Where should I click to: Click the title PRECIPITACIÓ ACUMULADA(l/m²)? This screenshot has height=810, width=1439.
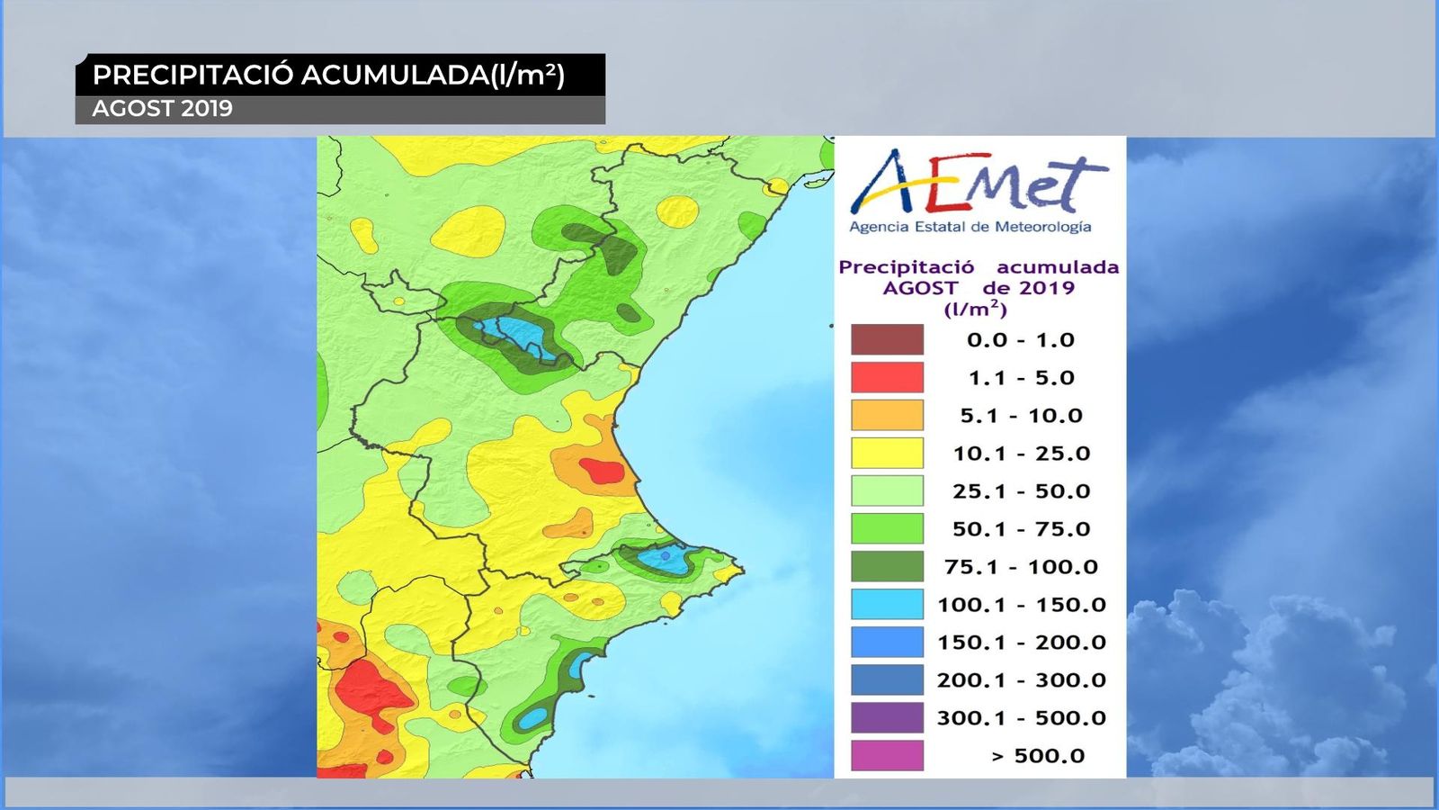(x=328, y=75)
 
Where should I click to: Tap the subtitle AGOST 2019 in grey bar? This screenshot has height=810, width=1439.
(x=162, y=109)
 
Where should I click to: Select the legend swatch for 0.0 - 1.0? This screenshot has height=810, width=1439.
(x=887, y=340)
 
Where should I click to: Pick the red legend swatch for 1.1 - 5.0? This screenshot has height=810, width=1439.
(x=887, y=378)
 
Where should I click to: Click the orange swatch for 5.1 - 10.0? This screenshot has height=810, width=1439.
(x=887, y=416)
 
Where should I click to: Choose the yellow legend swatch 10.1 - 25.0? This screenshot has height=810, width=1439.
(x=887, y=454)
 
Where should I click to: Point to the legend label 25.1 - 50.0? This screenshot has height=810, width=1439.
(x=1021, y=491)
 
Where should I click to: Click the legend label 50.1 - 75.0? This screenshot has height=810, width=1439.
(x=1021, y=529)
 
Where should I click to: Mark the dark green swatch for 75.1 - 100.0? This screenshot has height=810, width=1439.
(x=887, y=567)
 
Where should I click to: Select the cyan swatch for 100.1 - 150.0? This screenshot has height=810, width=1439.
(x=887, y=605)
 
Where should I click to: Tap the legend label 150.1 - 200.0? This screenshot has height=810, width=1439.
(x=1021, y=643)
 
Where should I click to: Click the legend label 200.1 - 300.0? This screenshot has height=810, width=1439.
(x=1021, y=680)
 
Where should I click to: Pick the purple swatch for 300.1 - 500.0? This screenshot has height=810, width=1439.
(x=887, y=718)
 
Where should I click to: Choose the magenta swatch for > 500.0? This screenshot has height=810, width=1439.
(x=887, y=756)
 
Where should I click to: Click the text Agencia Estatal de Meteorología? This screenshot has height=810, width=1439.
(x=970, y=227)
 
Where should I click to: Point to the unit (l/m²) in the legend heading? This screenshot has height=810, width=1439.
(x=975, y=310)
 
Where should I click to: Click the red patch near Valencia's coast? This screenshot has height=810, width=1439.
(x=601, y=471)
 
